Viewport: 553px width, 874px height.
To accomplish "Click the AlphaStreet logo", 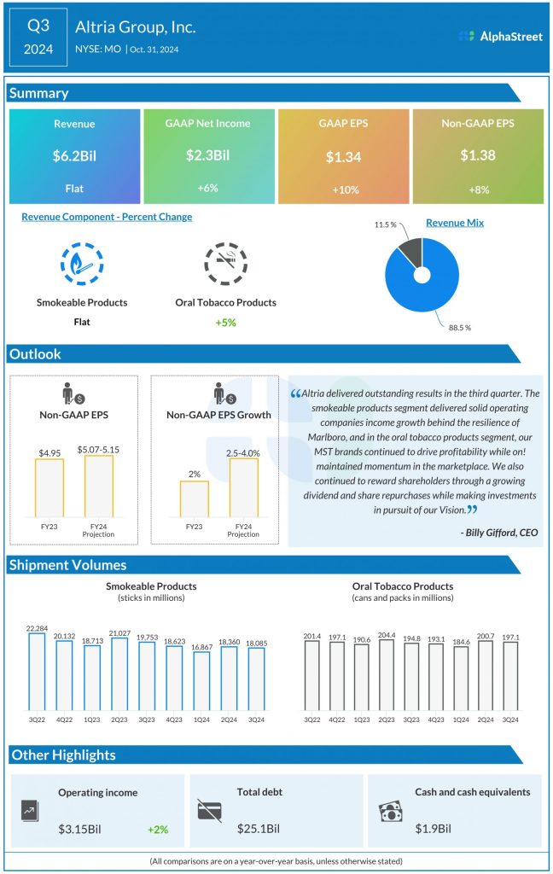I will [500, 36].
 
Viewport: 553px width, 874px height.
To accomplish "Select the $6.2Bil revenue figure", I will [73, 155].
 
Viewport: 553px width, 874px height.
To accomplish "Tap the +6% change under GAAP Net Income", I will [208, 187].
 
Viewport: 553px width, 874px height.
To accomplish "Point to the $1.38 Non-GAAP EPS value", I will [477, 155].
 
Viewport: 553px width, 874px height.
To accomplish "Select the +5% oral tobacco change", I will [225, 323].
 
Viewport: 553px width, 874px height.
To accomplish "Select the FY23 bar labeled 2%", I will [194, 499].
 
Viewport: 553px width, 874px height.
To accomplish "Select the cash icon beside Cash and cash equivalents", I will [390, 812].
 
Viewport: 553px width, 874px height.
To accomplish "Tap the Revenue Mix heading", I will [454, 223].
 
